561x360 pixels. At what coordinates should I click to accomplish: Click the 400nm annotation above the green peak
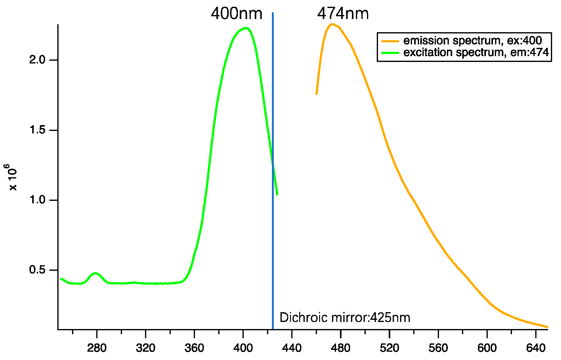(236, 14)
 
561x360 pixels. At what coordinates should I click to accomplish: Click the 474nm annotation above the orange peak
(343, 14)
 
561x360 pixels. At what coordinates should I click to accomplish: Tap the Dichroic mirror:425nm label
(345, 318)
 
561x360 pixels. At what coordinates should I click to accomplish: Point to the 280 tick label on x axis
(97, 348)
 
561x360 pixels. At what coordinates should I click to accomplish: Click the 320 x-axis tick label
(145, 348)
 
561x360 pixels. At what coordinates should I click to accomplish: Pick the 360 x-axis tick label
(194, 348)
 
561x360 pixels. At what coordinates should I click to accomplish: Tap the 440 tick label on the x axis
(292, 348)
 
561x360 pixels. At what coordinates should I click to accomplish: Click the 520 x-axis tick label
(389, 348)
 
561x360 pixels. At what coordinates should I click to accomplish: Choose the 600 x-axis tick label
(487, 348)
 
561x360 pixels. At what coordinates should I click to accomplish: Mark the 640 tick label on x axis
(536, 348)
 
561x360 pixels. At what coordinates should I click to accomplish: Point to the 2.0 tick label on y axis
(37, 60)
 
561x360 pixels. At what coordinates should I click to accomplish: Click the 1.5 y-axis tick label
(37, 130)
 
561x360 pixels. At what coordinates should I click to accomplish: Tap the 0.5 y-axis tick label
(37, 270)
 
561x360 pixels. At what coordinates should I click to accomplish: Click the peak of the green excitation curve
(246, 28)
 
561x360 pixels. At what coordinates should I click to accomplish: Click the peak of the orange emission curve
(332, 24)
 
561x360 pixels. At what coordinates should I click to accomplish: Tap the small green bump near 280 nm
(95, 273)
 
